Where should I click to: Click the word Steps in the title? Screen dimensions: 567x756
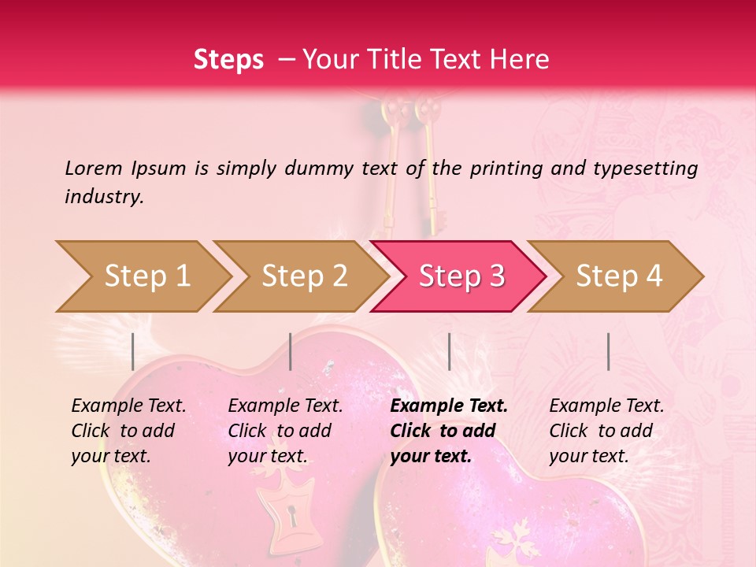[228, 60]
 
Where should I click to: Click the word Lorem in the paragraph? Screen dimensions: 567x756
[94, 168]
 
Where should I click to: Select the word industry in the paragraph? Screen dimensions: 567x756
[104, 197]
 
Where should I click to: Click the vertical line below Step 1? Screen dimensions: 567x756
[133, 351]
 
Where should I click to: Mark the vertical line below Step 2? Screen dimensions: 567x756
[291, 351]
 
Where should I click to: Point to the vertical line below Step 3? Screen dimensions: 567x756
[449, 351]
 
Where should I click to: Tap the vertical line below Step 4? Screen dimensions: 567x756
[608, 351]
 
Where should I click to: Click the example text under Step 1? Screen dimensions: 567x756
[128, 431]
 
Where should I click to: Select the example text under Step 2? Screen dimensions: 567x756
[285, 431]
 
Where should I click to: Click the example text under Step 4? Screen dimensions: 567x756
[606, 431]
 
